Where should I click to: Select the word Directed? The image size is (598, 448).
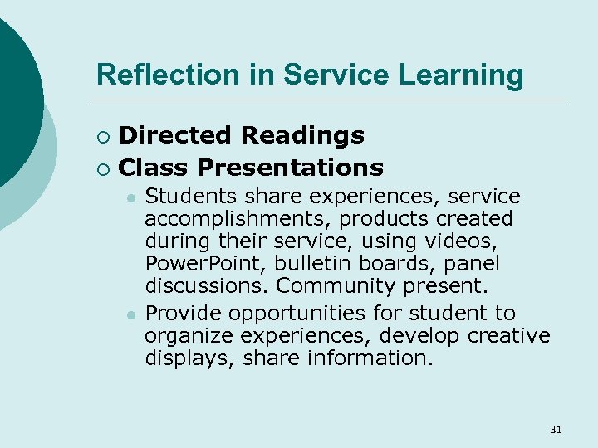[x=175, y=134]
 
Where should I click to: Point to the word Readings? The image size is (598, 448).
[x=302, y=134]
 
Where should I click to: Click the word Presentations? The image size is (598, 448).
[x=291, y=168]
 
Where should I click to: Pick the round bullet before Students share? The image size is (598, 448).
[x=130, y=198]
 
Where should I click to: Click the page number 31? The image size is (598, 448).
[x=556, y=429]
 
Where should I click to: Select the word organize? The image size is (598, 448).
[x=189, y=336]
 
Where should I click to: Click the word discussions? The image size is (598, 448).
[x=208, y=286]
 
